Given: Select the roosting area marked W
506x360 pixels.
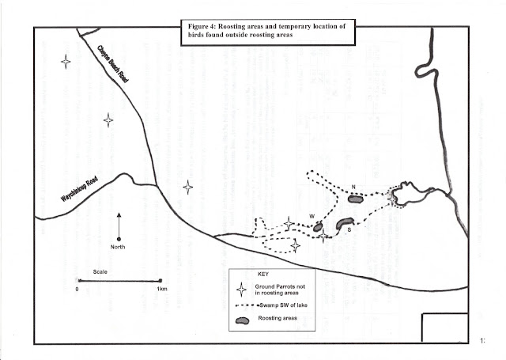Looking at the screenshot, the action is (x=318, y=228).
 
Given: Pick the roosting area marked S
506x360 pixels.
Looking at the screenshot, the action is (x=345, y=225).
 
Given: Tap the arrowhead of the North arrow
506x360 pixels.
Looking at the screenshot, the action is (x=119, y=214).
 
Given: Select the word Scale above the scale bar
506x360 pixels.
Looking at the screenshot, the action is (x=100, y=271).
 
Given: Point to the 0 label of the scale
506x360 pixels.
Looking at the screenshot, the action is (x=77, y=289).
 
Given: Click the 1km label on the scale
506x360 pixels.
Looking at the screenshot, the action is (x=160, y=289).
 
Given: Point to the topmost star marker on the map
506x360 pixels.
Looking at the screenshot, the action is (x=66, y=61).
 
